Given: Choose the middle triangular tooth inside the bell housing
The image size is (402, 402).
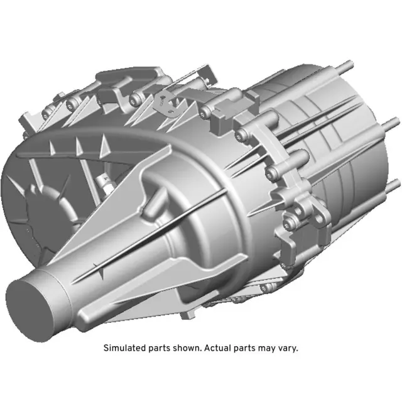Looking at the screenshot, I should [x=79, y=145].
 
